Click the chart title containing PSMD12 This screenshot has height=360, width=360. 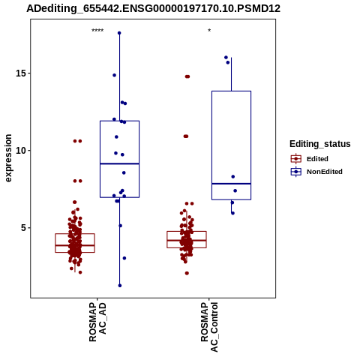pos(153,8)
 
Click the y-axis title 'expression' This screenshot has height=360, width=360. pos(8,158)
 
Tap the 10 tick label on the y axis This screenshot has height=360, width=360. pos(21,151)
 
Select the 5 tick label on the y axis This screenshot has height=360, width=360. pos(24,228)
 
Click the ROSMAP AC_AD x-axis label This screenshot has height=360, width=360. pos(97,322)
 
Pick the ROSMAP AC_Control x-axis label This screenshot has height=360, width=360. pos(209,327)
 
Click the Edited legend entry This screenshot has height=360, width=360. pos(310,159)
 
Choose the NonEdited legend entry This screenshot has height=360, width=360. pos(316,172)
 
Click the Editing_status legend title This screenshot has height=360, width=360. pos(320,144)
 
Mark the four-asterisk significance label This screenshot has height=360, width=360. pos(97,31)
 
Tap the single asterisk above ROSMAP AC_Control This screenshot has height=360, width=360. pos(209,31)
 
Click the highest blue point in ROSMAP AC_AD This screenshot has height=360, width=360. pos(119,33)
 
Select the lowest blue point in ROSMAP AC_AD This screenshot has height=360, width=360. pos(120,286)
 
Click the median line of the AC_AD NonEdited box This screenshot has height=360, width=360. pos(119,163)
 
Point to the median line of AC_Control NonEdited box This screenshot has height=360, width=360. pos(231,184)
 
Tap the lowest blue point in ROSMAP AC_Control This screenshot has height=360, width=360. pos(232,213)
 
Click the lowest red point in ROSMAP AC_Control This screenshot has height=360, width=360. pos(187,273)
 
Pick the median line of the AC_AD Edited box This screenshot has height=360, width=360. pos(75,245)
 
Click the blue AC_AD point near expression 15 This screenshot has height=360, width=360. pos(114,75)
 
